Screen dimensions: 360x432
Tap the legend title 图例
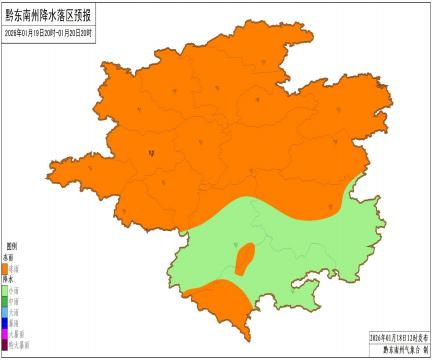pos(13,245)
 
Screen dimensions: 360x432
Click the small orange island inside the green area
pos(243,259)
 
